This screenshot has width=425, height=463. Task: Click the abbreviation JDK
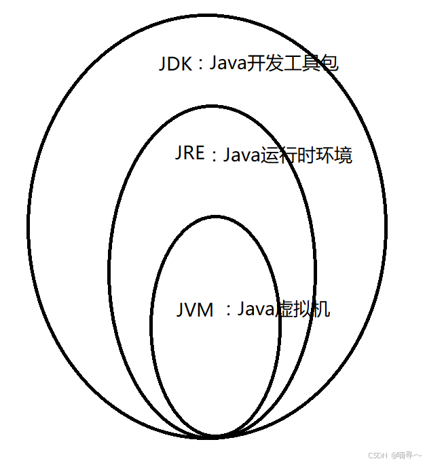[x=174, y=64]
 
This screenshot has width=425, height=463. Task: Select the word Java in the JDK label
[x=229, y=64]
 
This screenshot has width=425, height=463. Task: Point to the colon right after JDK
[x=200, y=66]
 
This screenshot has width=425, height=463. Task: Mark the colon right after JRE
[x=212, y=157]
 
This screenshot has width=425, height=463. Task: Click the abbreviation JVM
[x=195, y=310]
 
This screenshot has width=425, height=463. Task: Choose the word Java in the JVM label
[x=255, y=310]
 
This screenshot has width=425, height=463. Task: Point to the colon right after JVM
[x=228, y=311]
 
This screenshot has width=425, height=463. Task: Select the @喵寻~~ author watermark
[x=405, y=455]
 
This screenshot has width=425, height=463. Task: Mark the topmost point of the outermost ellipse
[x=208, y=15]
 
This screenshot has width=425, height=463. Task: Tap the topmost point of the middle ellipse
[x=212, y=107]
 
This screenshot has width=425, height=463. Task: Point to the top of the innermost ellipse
[x=212, y=217]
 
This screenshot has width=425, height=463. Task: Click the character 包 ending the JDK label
[x=330, y=64]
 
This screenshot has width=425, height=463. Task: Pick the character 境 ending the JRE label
[x=344, y=156]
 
